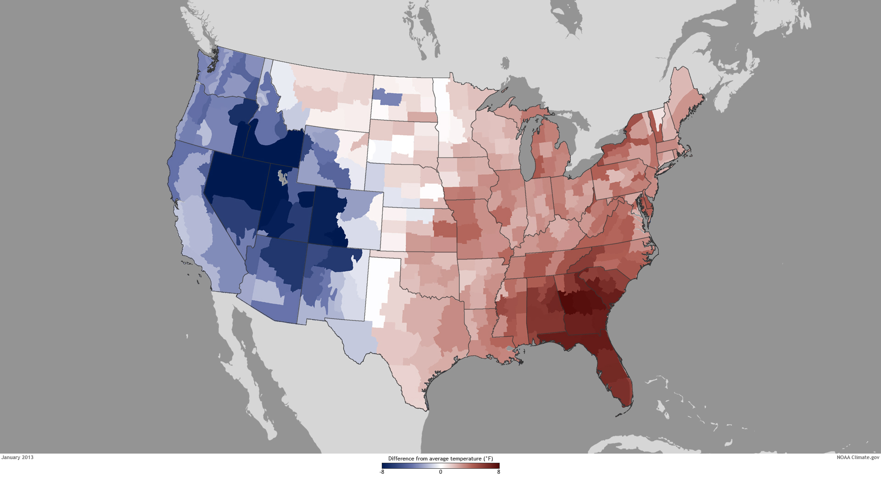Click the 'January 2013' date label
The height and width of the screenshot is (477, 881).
coord(17,457)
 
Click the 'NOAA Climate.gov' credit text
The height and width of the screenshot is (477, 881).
coord(858,457)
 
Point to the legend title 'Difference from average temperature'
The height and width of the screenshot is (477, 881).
coord(440,459)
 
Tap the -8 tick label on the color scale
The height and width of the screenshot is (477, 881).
coord(382,472)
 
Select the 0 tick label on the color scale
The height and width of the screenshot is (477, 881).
coord(440,472)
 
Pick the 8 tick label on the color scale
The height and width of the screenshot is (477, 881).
coord(499,472)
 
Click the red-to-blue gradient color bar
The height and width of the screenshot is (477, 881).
coord(440,466)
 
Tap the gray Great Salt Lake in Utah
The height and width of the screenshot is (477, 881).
coord(283,177)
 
